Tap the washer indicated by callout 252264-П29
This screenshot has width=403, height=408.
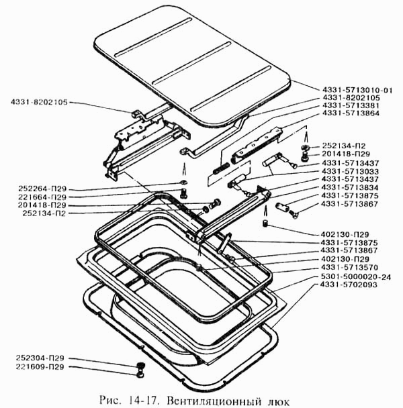[183, 184]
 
